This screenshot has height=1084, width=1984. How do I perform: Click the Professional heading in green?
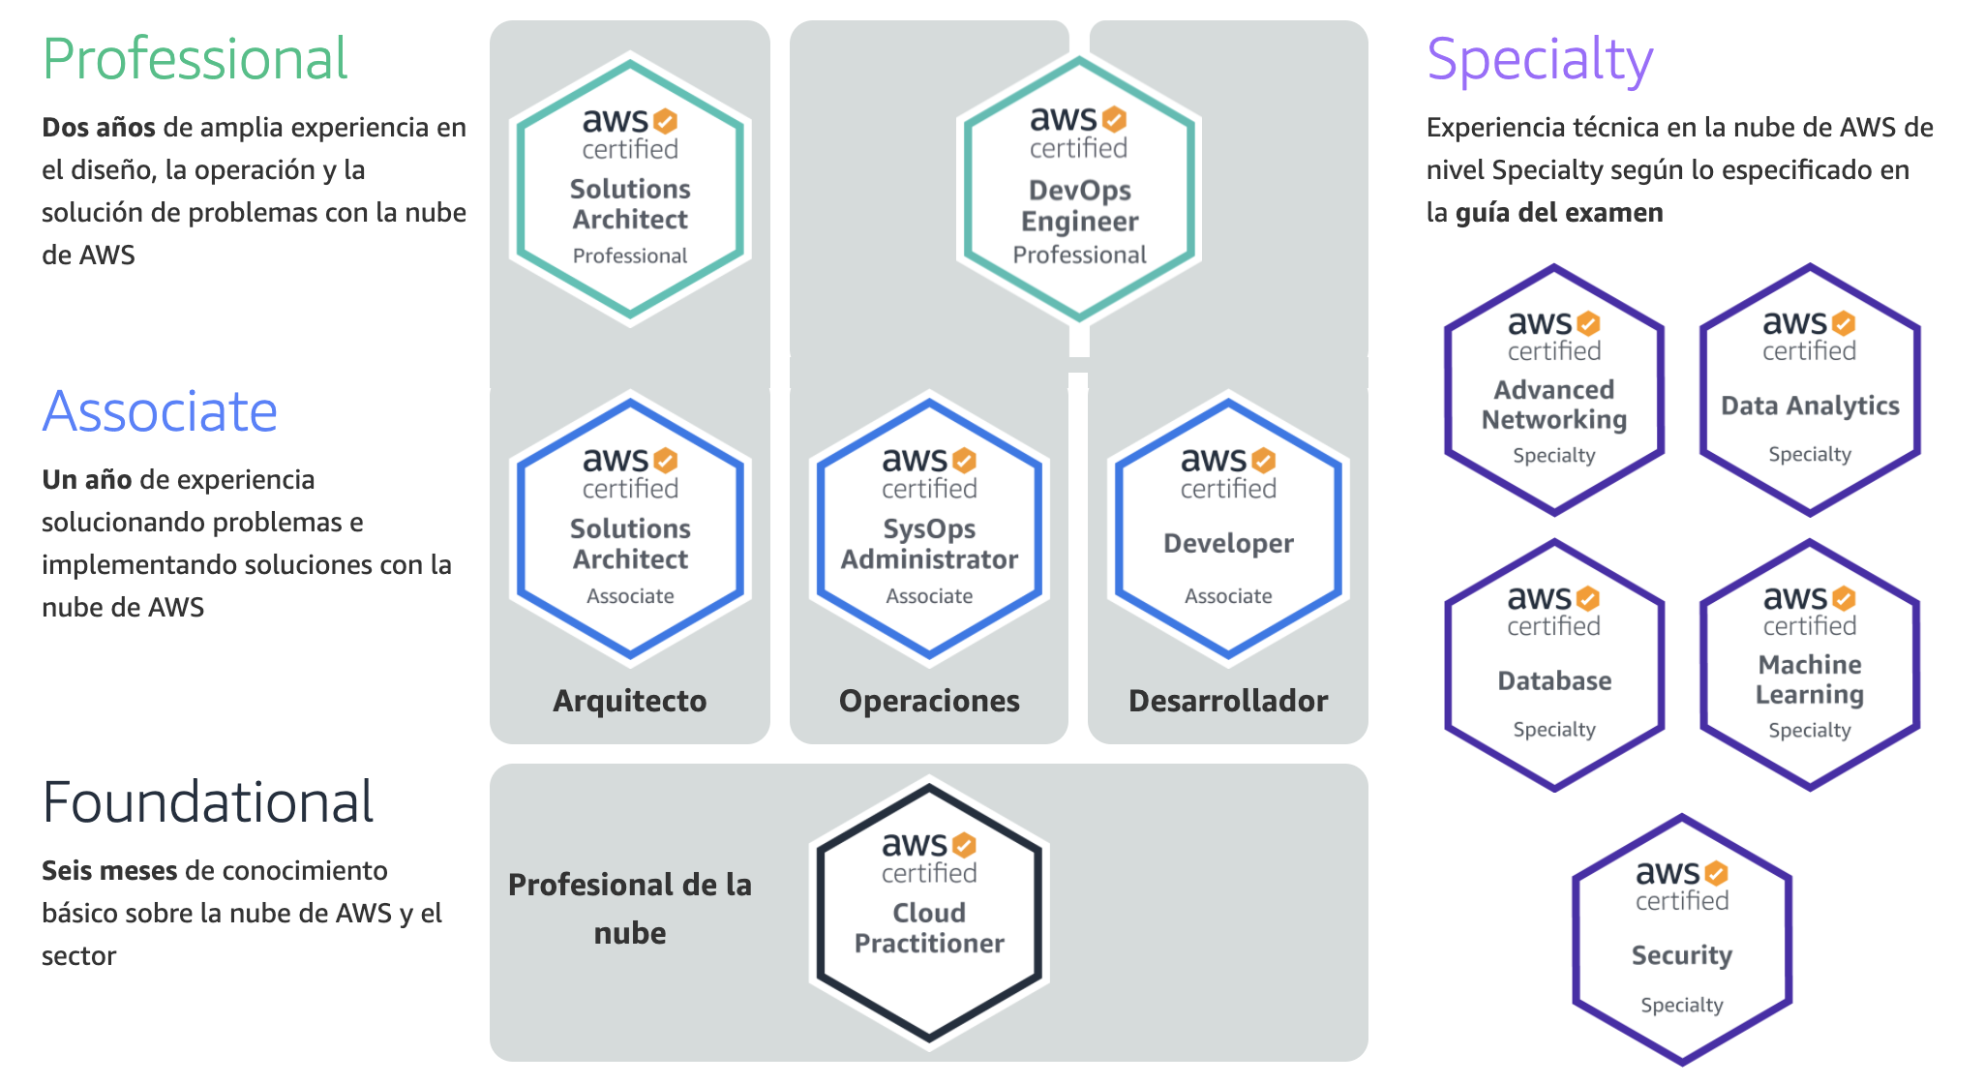click(195, 59)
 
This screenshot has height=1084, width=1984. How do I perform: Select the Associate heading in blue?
click(160, 411)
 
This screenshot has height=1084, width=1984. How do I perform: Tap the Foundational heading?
click(207, 802)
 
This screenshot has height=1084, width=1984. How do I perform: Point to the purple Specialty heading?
click(1539, 59)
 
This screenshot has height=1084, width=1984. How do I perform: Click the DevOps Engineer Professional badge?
click(1078, 189)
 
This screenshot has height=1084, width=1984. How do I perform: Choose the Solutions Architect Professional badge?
click(630, 189)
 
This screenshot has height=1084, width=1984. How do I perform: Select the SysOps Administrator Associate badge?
click(929, 527)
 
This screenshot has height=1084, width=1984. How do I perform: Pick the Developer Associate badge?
click(1228, 527)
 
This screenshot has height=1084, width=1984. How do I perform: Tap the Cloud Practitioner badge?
click(929, 913)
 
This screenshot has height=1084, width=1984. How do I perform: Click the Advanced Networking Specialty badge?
click(1554, 390)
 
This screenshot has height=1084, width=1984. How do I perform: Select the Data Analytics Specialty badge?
click(1810, 390)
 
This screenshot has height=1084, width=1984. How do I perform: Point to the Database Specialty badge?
click(1554, 665)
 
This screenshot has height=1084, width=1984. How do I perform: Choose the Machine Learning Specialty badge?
click(1810, 665)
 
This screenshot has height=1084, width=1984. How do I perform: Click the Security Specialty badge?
click(1682, 940)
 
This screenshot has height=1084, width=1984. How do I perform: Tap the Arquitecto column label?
click(630, 701)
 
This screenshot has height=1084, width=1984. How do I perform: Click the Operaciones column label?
click(929, 701)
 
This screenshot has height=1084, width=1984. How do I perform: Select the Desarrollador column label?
click(1228, 701)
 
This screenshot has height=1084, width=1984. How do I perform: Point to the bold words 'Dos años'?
click(99, 128)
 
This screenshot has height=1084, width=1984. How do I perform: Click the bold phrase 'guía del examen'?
click(1559, 213)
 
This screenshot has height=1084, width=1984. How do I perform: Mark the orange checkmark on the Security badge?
click(1716, 873)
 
